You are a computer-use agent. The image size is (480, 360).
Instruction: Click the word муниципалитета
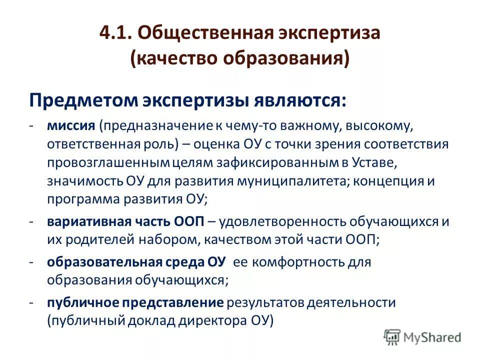click(292, 181)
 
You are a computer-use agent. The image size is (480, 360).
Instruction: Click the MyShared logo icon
click(392, 337)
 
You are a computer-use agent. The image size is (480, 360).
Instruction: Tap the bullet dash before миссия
click(31, 124)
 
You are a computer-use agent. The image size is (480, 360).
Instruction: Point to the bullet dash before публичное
click(31, 302)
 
